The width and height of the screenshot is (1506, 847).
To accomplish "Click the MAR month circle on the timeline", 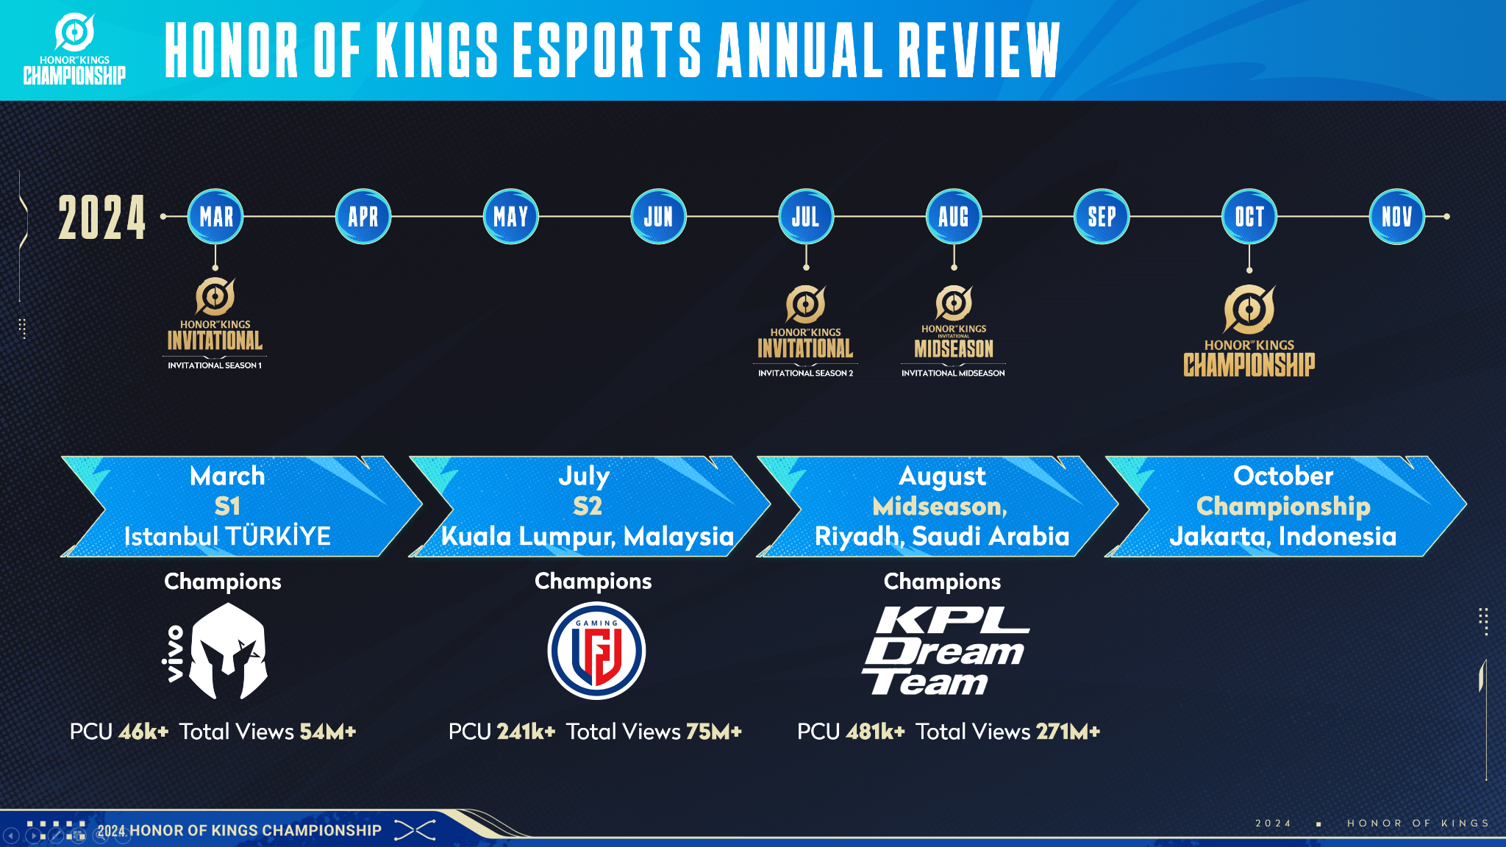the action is [x=215, y=217].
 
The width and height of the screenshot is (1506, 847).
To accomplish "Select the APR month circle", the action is [x=363, y=217].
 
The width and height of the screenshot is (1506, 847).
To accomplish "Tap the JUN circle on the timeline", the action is [x=659, y=217].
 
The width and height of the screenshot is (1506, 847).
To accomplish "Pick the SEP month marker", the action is [x=1102, y=217].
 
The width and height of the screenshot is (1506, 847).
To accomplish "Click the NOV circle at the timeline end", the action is [x=1397, y=217].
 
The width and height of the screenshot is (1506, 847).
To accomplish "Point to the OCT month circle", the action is [x=1249, y=217].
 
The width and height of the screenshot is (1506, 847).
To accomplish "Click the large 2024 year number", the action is [x=102, y=218].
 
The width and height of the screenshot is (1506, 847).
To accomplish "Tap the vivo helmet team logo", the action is [x=215, y=651].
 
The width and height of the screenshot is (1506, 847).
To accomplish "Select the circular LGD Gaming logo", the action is [x=596, y=651].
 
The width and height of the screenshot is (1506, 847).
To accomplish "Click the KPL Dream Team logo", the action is [x=946, y=651].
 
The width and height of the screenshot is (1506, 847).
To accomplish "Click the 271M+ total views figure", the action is [x=1068, y=732].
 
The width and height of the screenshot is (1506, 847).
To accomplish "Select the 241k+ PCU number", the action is [x=526, y=732].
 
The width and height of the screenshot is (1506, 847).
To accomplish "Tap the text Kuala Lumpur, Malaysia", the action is [x=588, y=537].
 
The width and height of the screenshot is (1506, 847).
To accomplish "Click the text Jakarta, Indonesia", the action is [x=1283, y=536].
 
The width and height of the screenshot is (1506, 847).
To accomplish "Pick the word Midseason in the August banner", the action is [x=938, y=507].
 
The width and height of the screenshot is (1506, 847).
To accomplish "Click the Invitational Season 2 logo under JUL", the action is [x=806, y=331].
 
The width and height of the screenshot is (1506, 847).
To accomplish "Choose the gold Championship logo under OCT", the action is [x=1249, y=331].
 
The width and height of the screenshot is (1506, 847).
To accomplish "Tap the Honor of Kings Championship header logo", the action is [x=74, y=49].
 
